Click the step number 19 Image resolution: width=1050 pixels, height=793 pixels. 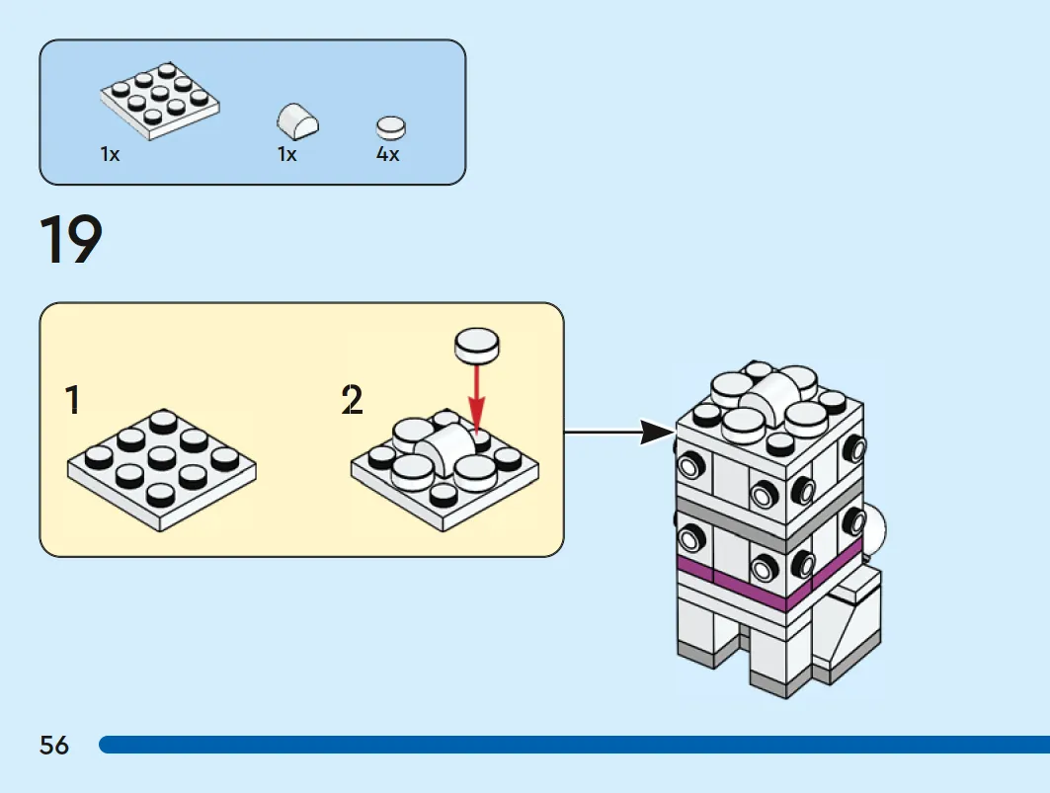point(71,240)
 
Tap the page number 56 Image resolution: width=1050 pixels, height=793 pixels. point(54,745)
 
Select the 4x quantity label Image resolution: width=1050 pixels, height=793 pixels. point(388,154)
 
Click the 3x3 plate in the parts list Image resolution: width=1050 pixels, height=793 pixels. point(160,101)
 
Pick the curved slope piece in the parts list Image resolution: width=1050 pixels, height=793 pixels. point(297,121)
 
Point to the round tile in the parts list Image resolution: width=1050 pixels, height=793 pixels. point(391,127)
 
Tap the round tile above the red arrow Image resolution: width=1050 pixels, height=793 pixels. point(477,345)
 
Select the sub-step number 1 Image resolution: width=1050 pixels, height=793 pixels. point(73,400)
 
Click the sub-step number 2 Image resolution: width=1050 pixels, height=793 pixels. point(353,400)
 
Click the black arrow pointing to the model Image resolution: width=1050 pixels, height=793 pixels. point(620,432)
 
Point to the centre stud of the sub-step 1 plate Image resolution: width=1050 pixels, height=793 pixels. point(161,458)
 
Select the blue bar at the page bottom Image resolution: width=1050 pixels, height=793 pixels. point(574,745)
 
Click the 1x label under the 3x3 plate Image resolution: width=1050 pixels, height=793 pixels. point(110,154)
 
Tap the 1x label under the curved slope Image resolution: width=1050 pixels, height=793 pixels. point(287,154)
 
